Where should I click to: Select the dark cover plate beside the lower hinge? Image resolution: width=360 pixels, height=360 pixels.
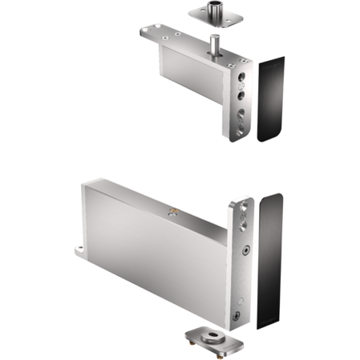click(272, 261)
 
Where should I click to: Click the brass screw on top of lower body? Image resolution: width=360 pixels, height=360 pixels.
click(171, 213)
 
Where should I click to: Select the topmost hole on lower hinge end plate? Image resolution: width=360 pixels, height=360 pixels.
click(242, 212)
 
